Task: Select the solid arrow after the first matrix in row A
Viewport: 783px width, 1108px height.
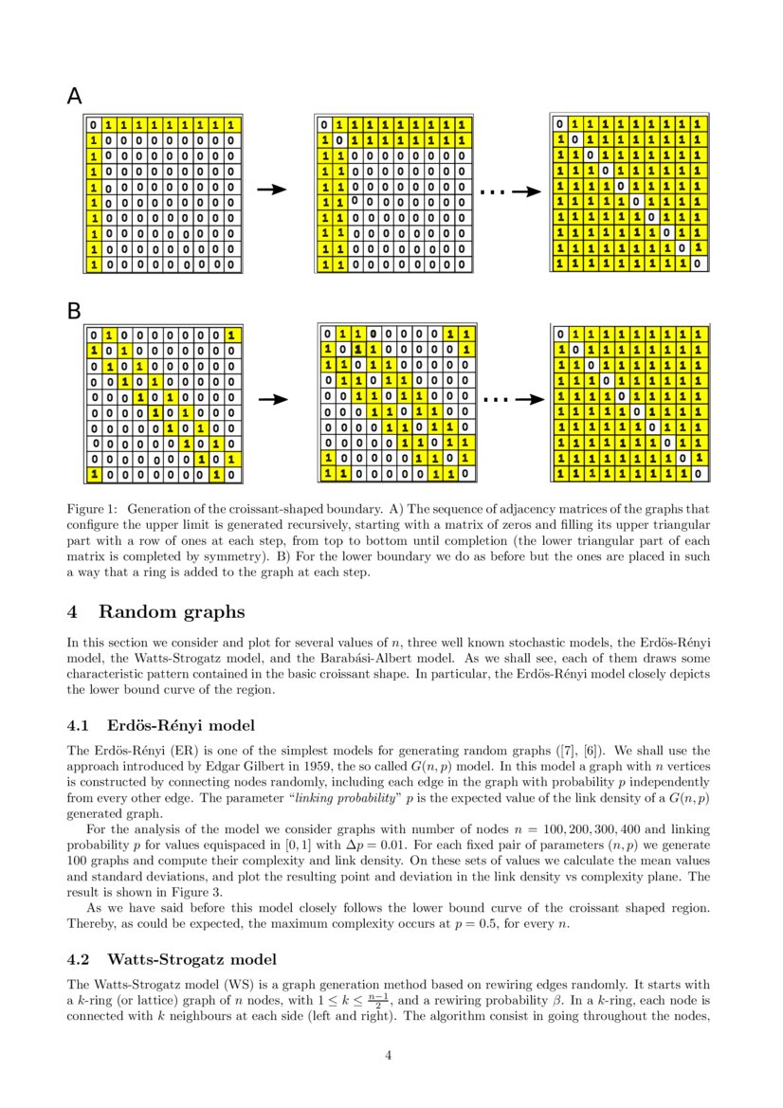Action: click(272, 190)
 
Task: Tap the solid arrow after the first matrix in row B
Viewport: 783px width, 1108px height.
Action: click(272, 400)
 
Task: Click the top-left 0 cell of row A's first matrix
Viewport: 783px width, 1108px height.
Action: click(94, 124)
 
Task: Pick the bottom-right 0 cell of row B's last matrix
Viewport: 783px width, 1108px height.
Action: click(698, 472)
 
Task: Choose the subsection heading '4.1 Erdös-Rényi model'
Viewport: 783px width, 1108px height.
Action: click(160, 726)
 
